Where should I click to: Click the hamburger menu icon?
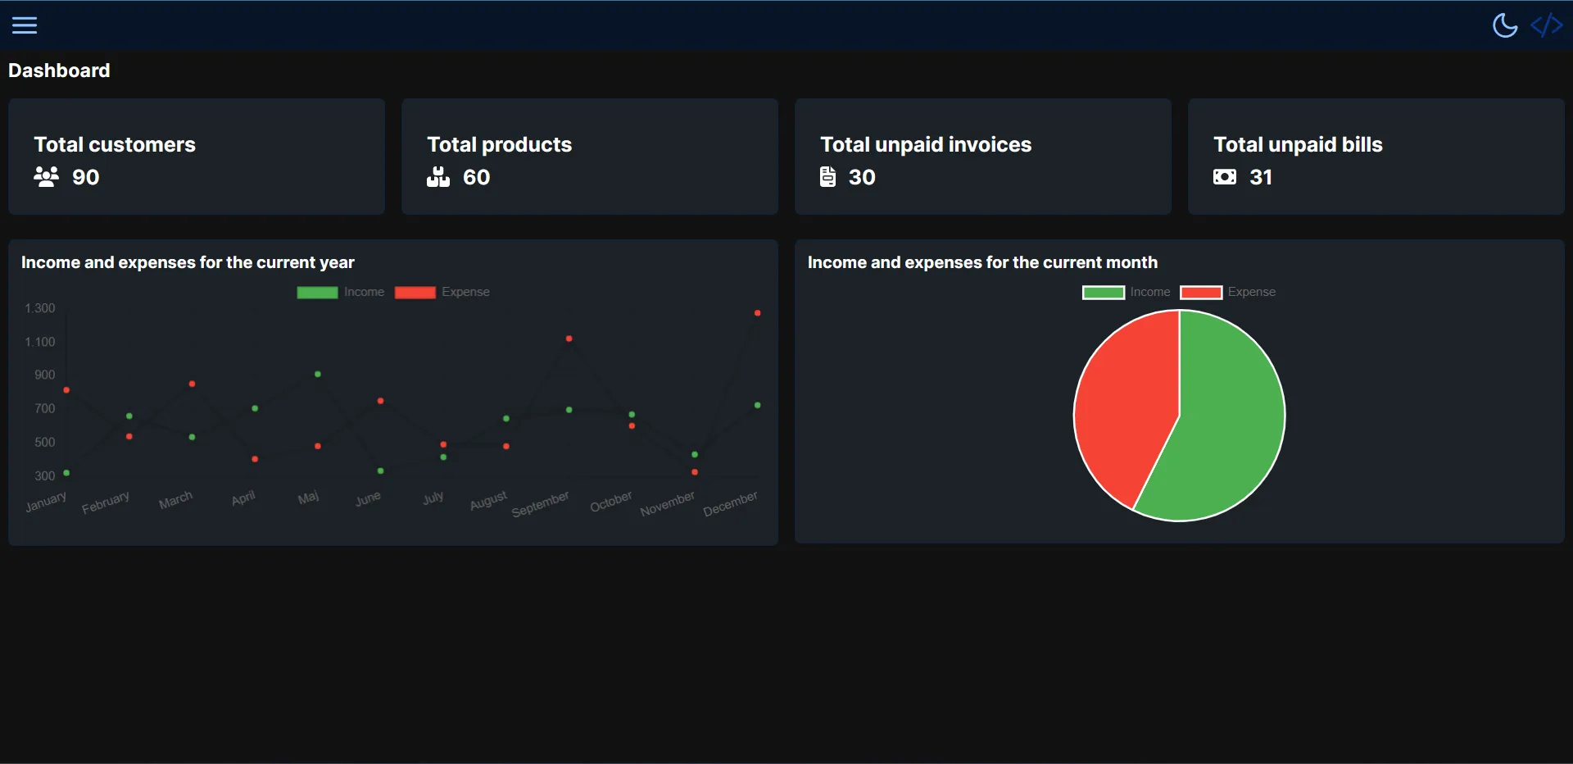pos(25,25)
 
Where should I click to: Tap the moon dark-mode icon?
pos(1505,25)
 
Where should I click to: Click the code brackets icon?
pos(1546,25)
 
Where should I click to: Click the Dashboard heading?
pos(59,70)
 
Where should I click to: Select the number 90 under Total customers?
pos(85,177)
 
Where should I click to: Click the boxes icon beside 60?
pos(438,177)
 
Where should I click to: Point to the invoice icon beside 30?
pos(827,177)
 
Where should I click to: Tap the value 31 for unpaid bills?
pos(1260,177)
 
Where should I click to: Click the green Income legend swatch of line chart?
pos(317,293)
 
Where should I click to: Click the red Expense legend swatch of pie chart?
pos(1201,293)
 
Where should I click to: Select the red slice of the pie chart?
pos(1122,410)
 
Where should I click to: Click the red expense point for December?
pos(757,313)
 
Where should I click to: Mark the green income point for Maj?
pos(318,375)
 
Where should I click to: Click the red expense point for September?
pos(569,339)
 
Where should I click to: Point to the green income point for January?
pos(66,473)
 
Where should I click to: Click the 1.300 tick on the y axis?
pos(39,308)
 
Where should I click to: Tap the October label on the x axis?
pos(611,502)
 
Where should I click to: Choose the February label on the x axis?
pos(106,503)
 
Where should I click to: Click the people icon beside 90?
pos(46,177)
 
